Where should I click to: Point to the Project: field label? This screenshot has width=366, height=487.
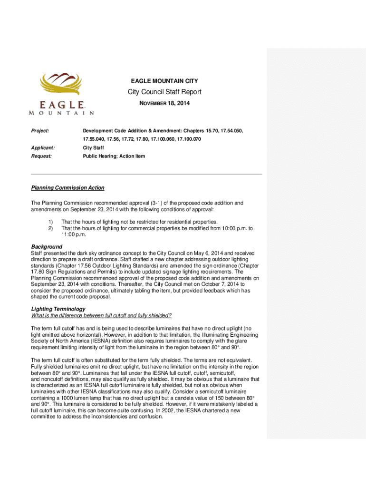tap(40, 130)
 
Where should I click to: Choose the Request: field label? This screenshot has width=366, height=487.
tap(42, 156)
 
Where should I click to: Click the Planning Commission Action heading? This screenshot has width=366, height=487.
tap(67, 188)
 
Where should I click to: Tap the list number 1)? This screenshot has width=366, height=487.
tap(51, 222)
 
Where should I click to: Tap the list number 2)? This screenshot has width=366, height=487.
tap(51, 228)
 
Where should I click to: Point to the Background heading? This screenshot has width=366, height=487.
tap(47, 247)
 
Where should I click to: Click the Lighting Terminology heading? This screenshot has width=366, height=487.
tap(58, 309)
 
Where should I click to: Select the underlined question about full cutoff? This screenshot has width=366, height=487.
tap(101, 315)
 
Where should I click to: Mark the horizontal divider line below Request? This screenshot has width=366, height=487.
tap(146, 174)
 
